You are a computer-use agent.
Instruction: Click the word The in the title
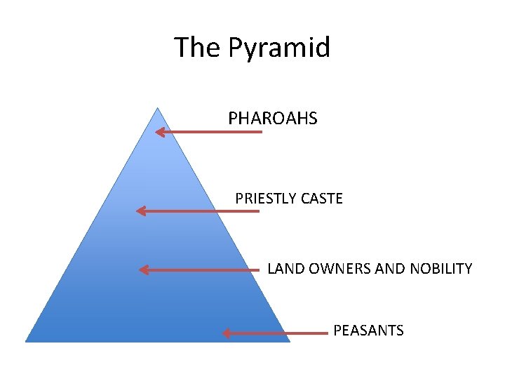[x=198, y=48]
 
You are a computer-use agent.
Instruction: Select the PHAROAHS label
[x=272, y=119]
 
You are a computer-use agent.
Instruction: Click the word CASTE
[x=321, y=199]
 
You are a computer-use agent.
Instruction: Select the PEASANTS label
[x=368, y=330]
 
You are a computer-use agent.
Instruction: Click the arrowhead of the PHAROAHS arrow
[x=159, y=131]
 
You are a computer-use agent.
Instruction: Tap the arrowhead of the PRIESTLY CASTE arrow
[x=140, y=211]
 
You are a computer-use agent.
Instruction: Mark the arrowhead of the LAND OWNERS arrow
[x=143, y=270]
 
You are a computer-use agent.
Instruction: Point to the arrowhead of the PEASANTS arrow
[x=226, y=333]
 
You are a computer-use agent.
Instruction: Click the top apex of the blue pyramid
[x=158, y=108]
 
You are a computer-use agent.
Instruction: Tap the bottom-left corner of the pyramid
[x=27, y=341]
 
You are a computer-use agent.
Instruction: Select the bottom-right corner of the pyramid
[x=290, y=341]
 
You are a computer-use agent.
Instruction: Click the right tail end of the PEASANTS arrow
[x=327, y=333]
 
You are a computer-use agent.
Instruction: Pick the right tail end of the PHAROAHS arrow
[x=262, y=131]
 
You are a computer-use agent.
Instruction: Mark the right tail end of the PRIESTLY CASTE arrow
[x=258, y=211]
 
